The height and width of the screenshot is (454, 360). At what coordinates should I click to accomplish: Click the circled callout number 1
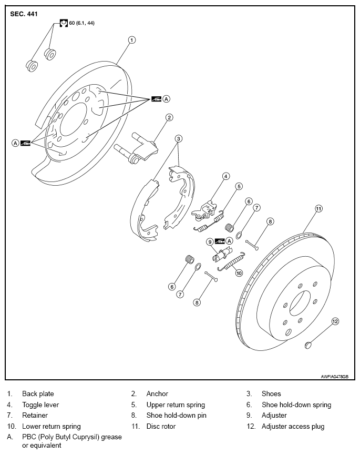[x=131, y=39]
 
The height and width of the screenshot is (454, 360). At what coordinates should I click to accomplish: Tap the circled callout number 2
[x=169, y=117]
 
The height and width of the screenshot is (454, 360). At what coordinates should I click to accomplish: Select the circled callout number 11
[x=318, y=208]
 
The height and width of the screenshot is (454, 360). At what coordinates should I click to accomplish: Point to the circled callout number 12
[x=335, y=321]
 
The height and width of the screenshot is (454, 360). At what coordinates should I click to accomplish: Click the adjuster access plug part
[x=308, y=345]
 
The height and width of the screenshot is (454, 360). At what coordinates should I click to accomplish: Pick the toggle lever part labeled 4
[x=204, y=210]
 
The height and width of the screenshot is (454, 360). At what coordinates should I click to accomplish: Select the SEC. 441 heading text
[x=24, y=14]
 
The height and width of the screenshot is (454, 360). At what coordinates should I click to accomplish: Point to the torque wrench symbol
[x=64, y=23]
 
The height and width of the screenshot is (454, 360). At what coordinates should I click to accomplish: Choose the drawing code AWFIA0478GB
[x=335, y=376]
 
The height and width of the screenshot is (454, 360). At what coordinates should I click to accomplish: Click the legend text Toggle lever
[x=40, y=405]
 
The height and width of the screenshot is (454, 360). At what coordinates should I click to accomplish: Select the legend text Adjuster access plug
[x=293, y=427]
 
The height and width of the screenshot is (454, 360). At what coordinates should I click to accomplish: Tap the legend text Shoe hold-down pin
[x=177, y=416]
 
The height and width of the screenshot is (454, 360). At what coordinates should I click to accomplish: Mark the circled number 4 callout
[x=226, y=176]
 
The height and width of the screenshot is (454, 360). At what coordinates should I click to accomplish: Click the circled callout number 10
[x=239, y=273]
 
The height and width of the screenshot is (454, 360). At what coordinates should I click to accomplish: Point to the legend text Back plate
[x=38, y=394]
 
